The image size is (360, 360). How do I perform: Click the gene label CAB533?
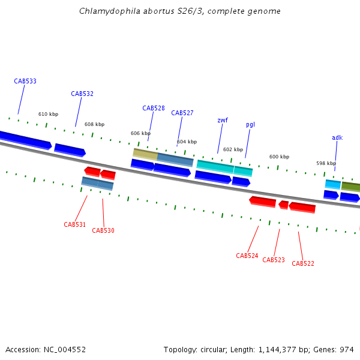(25, 81)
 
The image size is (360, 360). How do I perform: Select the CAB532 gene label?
(82, 94)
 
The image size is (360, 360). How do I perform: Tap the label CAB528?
(154, 108)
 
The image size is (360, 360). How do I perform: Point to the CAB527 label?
(182, 113)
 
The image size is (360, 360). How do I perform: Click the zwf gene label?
(223, 120)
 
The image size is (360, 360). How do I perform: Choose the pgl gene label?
(250, 125)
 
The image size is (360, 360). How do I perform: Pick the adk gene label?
(337, 137)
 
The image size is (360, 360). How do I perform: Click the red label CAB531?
(75, 224)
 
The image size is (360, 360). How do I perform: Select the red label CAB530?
(103, 230)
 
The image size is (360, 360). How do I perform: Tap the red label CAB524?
(247, 256)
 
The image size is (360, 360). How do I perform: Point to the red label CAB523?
(274, 260)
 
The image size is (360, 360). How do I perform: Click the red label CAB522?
(303, 263)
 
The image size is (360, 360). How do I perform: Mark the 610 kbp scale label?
(49, 114)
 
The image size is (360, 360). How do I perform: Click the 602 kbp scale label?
(233, 149)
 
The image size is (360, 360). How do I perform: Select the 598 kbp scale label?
(326, 163)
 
